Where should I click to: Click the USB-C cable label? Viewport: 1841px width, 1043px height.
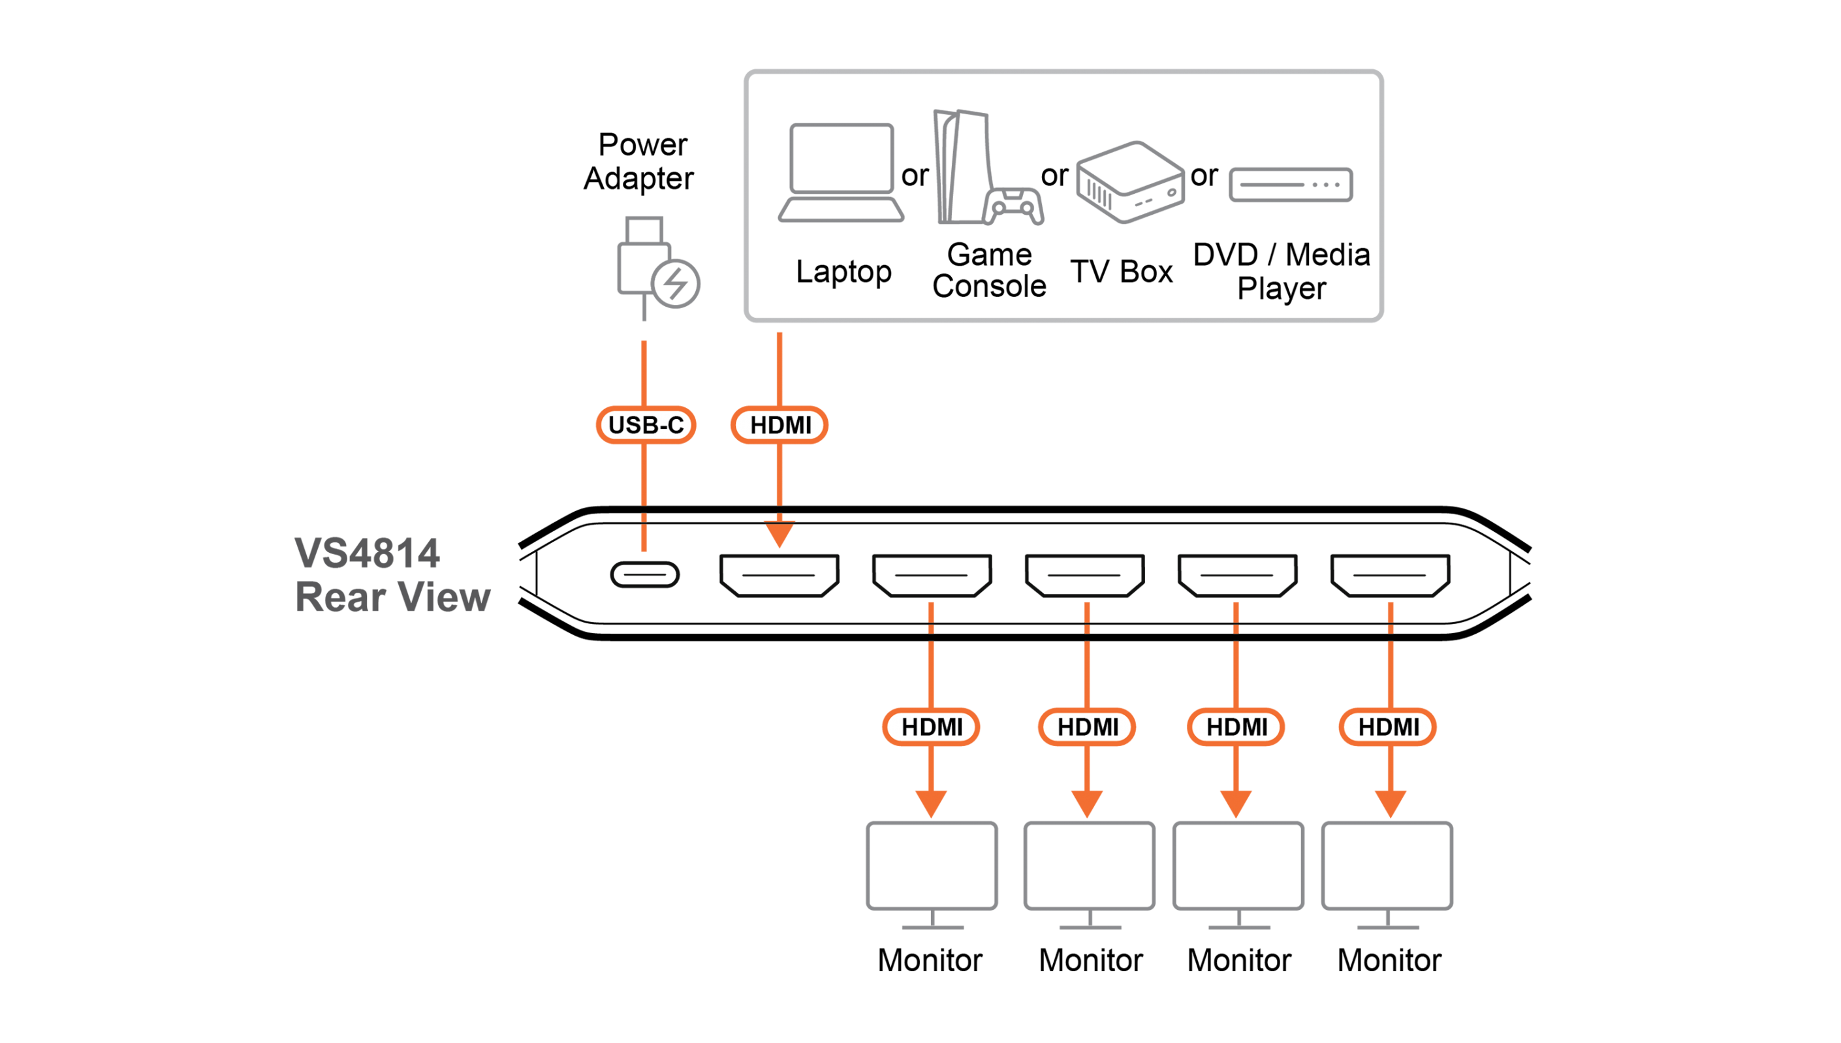coord(646,425)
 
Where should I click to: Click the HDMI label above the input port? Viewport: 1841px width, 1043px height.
coord(779,425)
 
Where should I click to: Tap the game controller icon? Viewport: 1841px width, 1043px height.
coord(1015,206)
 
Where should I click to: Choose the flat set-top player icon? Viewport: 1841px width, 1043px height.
coord(1291,185)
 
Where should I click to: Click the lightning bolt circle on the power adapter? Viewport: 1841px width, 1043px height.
coord(676,284)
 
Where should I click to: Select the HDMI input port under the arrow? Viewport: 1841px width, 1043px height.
coord(779,574)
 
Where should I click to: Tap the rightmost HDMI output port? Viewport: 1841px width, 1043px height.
coord(1390,574)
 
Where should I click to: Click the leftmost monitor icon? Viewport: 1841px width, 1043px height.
coord(931,867)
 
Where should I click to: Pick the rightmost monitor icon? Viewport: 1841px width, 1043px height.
coord(1387,867)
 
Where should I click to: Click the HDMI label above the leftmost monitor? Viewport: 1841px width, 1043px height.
coord(931,727)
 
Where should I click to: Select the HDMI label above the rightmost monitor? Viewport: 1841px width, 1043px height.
coord(1389,727)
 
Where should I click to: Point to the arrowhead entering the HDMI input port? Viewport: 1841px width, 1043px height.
coord(779,535)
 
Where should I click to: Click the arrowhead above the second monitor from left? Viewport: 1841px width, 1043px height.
coord(1088,802)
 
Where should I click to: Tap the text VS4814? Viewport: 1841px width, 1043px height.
coord(367,553)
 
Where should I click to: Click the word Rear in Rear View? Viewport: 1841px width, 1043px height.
coord(340,597)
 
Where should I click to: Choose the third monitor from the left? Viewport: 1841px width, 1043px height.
coord(1238,867)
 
